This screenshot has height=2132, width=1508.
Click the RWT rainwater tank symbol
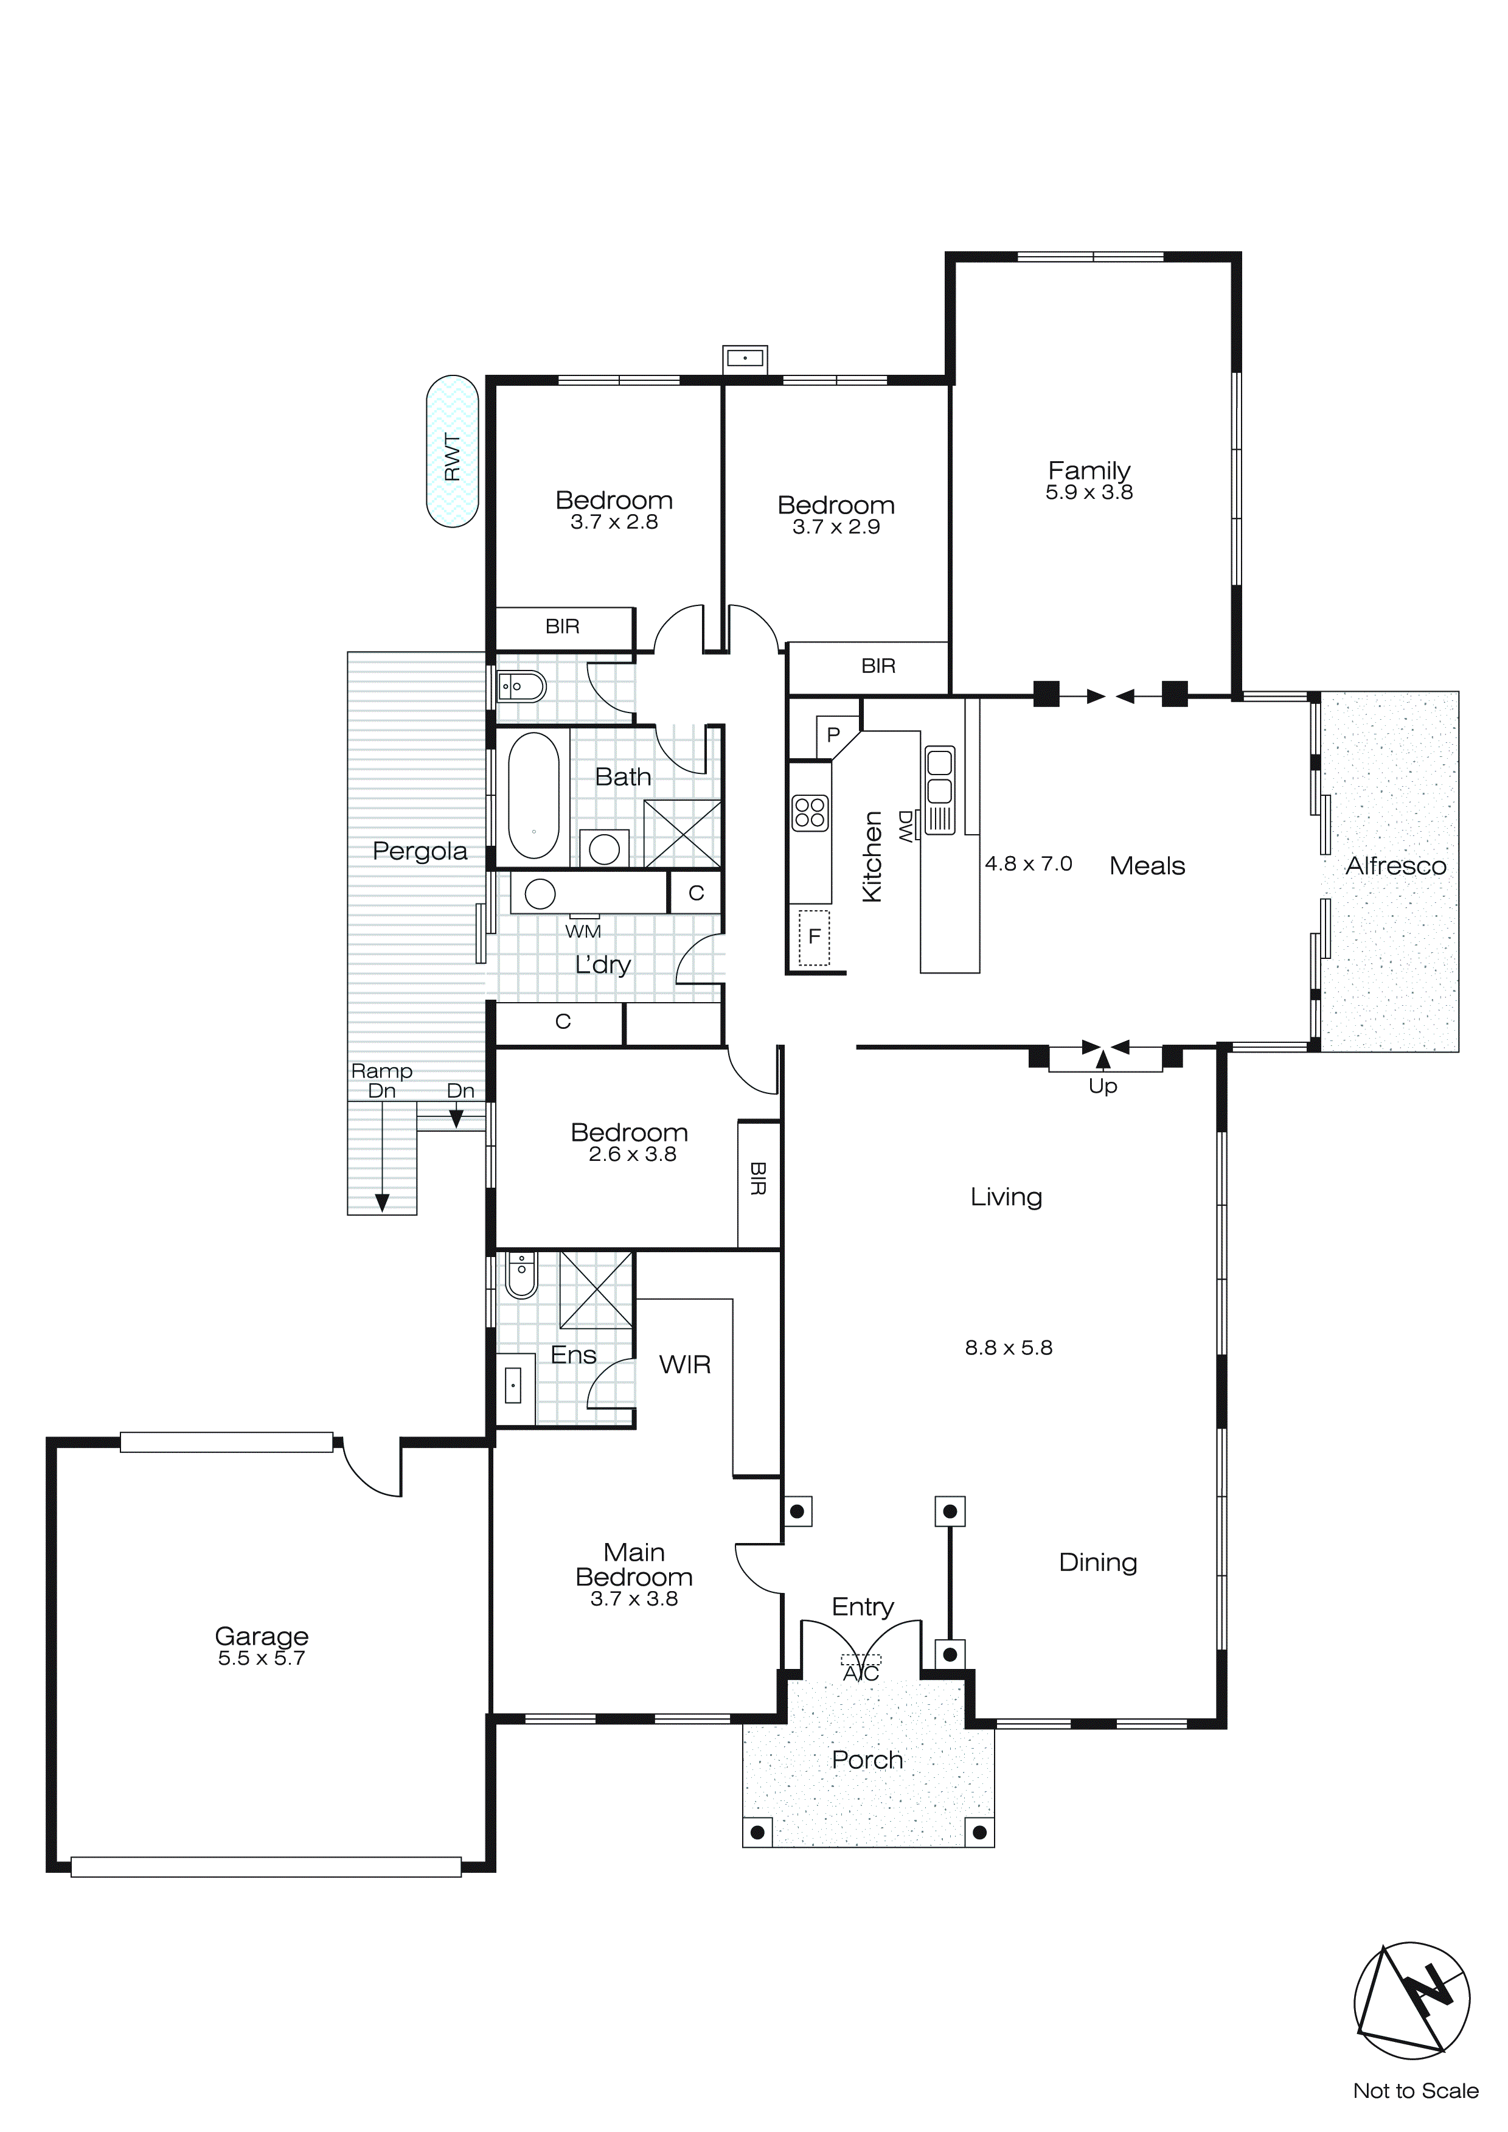452,452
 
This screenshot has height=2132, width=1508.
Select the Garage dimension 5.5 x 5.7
261,1659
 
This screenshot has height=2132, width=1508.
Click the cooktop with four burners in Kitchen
810,812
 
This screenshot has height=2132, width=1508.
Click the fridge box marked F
815,937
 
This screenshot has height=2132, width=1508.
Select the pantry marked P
833,734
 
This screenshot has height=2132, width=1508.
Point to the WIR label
686,1364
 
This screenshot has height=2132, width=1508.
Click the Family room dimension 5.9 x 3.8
1089,492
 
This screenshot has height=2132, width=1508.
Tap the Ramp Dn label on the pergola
381,1081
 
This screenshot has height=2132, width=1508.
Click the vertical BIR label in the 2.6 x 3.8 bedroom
758,1179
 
